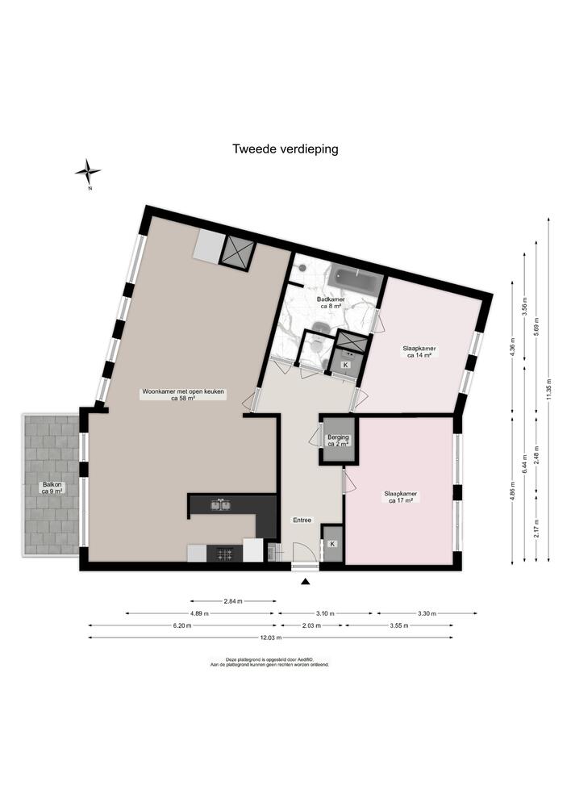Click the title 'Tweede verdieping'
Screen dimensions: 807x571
[285, 148]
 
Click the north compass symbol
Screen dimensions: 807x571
[88, 171]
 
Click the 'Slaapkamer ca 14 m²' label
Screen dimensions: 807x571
[419, 351]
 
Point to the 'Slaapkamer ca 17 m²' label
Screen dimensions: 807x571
[400, 496]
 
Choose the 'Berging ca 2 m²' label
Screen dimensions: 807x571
[338, 441]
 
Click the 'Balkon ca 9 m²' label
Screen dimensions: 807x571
[52, 487]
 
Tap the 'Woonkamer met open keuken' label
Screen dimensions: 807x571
[184, 395]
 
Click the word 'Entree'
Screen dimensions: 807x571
[302, 520]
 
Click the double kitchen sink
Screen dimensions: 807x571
[222, 506]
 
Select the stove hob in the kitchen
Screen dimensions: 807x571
[223, 554]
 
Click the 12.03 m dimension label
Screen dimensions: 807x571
[270, 638]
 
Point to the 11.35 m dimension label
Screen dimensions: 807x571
[548, 389]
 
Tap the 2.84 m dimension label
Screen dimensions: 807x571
[234, 601]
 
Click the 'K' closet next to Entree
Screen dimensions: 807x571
[331, 543]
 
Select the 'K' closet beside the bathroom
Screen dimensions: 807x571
[346, 365]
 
